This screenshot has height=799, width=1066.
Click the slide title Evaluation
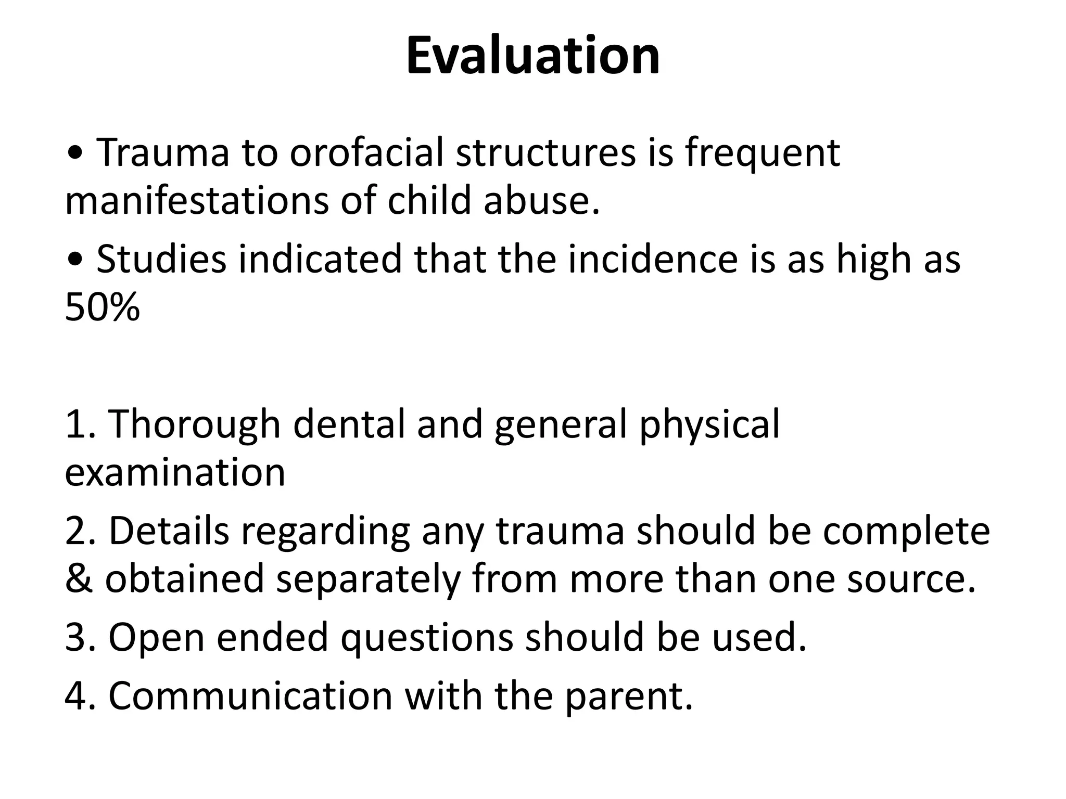pyautogui.click(x=532, y=56)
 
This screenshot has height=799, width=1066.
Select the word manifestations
pyautogui.click(x=197, y=200)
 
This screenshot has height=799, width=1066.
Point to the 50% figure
pyautogui.click(x=103, y=307)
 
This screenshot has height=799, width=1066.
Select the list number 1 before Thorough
pyautogui.click(x=76, y=424)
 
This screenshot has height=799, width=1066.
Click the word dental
pyautogui.click(x=349, y=424)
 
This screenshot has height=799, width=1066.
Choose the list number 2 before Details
pyautogui.click(x=76, y=531)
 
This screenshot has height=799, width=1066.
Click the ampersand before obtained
pyautogui.click(x=78, y=579)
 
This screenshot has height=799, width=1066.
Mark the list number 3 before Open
pyautogui.click(x=76, y=637)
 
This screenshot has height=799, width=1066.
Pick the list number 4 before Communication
pyautogui.click(x=76, y=695)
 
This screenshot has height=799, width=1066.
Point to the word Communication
pyautogui.click(x=250, y=695)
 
